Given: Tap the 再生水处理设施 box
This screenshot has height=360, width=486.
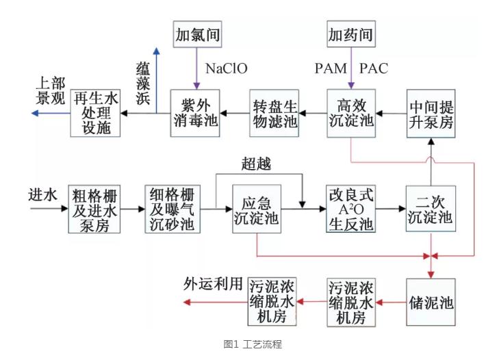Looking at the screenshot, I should point(95,112).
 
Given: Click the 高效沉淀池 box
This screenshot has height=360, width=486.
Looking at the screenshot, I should point(349,112).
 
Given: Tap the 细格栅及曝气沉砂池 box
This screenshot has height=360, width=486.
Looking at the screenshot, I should point(172,208).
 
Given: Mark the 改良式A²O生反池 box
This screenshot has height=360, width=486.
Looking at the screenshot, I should point(349,208).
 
